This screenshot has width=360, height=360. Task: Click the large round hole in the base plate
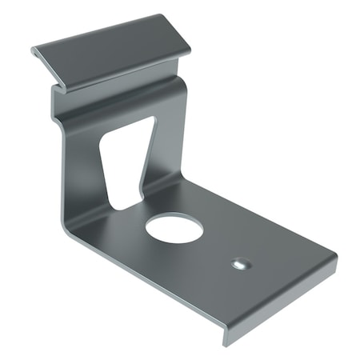pyautogui.click(x=174, y=228)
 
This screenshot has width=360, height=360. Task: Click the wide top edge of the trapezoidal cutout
pyautogui.click(x=128, y=122)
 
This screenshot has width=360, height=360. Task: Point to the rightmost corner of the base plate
pyautogui.click(x=336, y=258)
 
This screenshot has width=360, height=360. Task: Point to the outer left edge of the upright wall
pyautogui.click(x=58, y=160)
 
